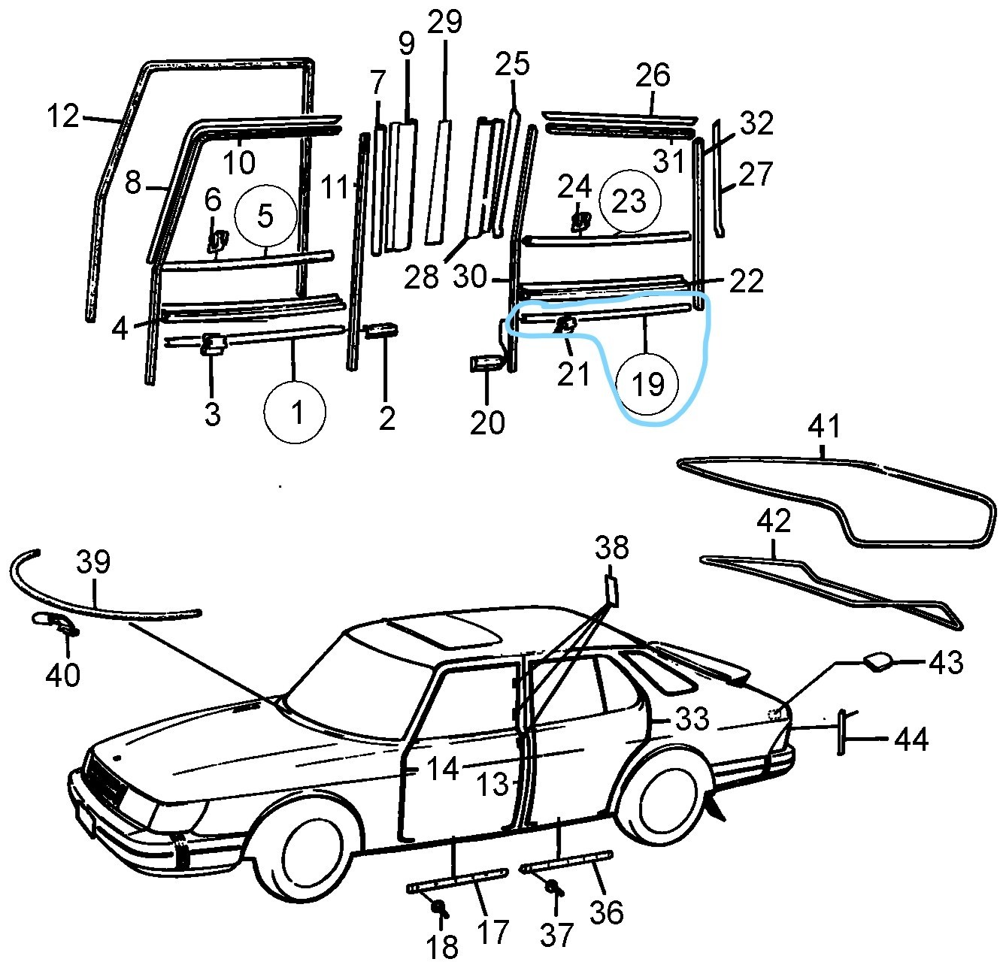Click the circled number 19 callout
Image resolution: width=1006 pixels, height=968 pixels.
coord(648,384)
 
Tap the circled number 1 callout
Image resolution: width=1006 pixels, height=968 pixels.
coord(295,412)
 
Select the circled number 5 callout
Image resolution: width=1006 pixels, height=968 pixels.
coord(265,216)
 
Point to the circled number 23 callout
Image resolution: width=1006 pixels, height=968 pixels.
coord(629,201)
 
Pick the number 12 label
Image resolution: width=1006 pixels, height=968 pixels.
coord(63,116)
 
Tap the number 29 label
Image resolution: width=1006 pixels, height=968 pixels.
coord(444,22)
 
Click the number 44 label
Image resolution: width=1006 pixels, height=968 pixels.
coord(911,740)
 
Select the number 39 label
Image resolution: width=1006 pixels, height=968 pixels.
coord(94,562)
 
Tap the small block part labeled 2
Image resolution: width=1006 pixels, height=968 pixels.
coord(382,331)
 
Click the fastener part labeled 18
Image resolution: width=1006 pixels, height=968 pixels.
coord(438,909)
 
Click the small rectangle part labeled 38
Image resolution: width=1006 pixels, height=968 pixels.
coord(611,591)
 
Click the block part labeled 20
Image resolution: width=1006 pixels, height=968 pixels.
coord(485,364)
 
